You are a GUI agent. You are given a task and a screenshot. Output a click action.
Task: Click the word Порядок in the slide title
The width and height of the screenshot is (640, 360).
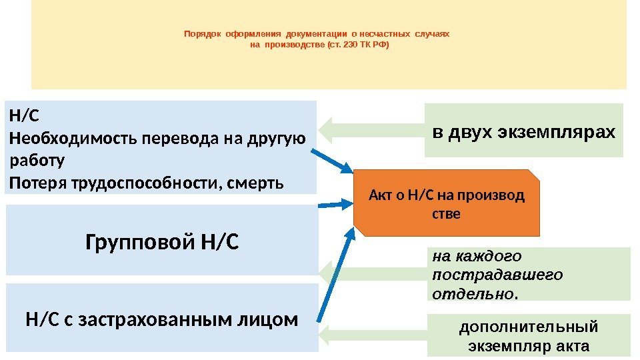(203, 33)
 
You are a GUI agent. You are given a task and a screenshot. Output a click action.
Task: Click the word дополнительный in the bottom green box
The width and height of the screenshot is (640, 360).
(529, 327)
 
